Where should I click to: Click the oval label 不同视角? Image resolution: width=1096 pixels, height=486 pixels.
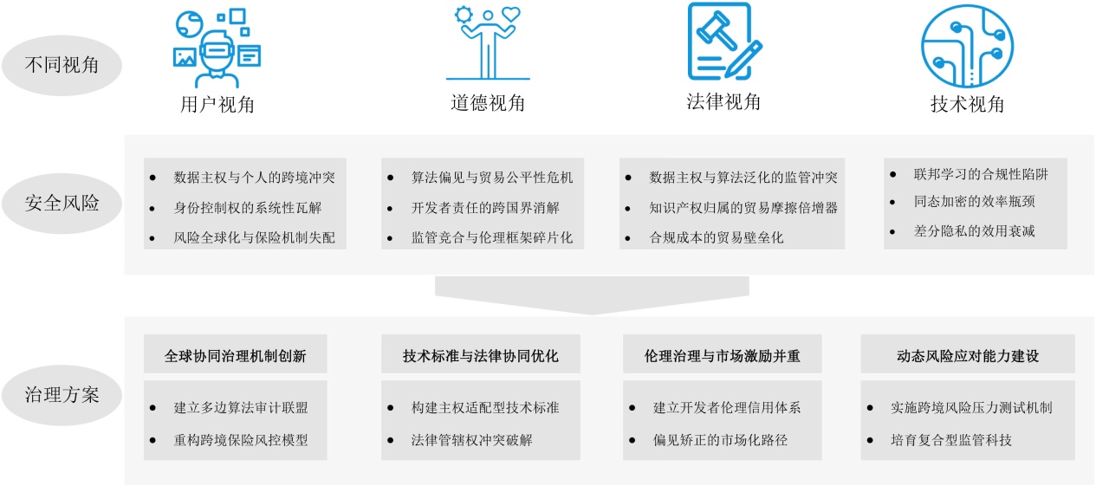click(62, 65)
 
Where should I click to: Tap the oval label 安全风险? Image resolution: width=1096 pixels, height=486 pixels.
click(62, 203)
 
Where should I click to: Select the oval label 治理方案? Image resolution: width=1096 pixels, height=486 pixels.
click(62, 395)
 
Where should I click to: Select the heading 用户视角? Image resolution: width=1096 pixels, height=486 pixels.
click(217, 105)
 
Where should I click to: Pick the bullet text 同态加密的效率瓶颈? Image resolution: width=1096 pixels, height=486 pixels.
click(974, 202)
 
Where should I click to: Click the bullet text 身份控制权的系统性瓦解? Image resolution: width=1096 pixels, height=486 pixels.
click(248, 208)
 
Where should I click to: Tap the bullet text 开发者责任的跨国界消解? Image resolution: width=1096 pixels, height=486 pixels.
click(485, 208)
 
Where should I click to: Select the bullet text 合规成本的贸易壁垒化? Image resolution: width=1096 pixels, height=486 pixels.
click(717, 237)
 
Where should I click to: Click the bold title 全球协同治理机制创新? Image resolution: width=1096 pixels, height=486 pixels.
click(235, 355)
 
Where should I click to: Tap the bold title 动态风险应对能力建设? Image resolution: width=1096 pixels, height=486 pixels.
click(967, 355)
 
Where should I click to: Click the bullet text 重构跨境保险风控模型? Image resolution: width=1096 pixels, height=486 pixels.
click(240, 439)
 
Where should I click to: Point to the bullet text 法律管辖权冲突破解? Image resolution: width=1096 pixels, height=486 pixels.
click(471, 439)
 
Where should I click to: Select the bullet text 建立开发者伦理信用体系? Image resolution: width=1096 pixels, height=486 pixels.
click(726, 407)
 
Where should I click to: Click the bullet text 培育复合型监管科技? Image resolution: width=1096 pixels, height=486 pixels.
click(950, 439)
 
